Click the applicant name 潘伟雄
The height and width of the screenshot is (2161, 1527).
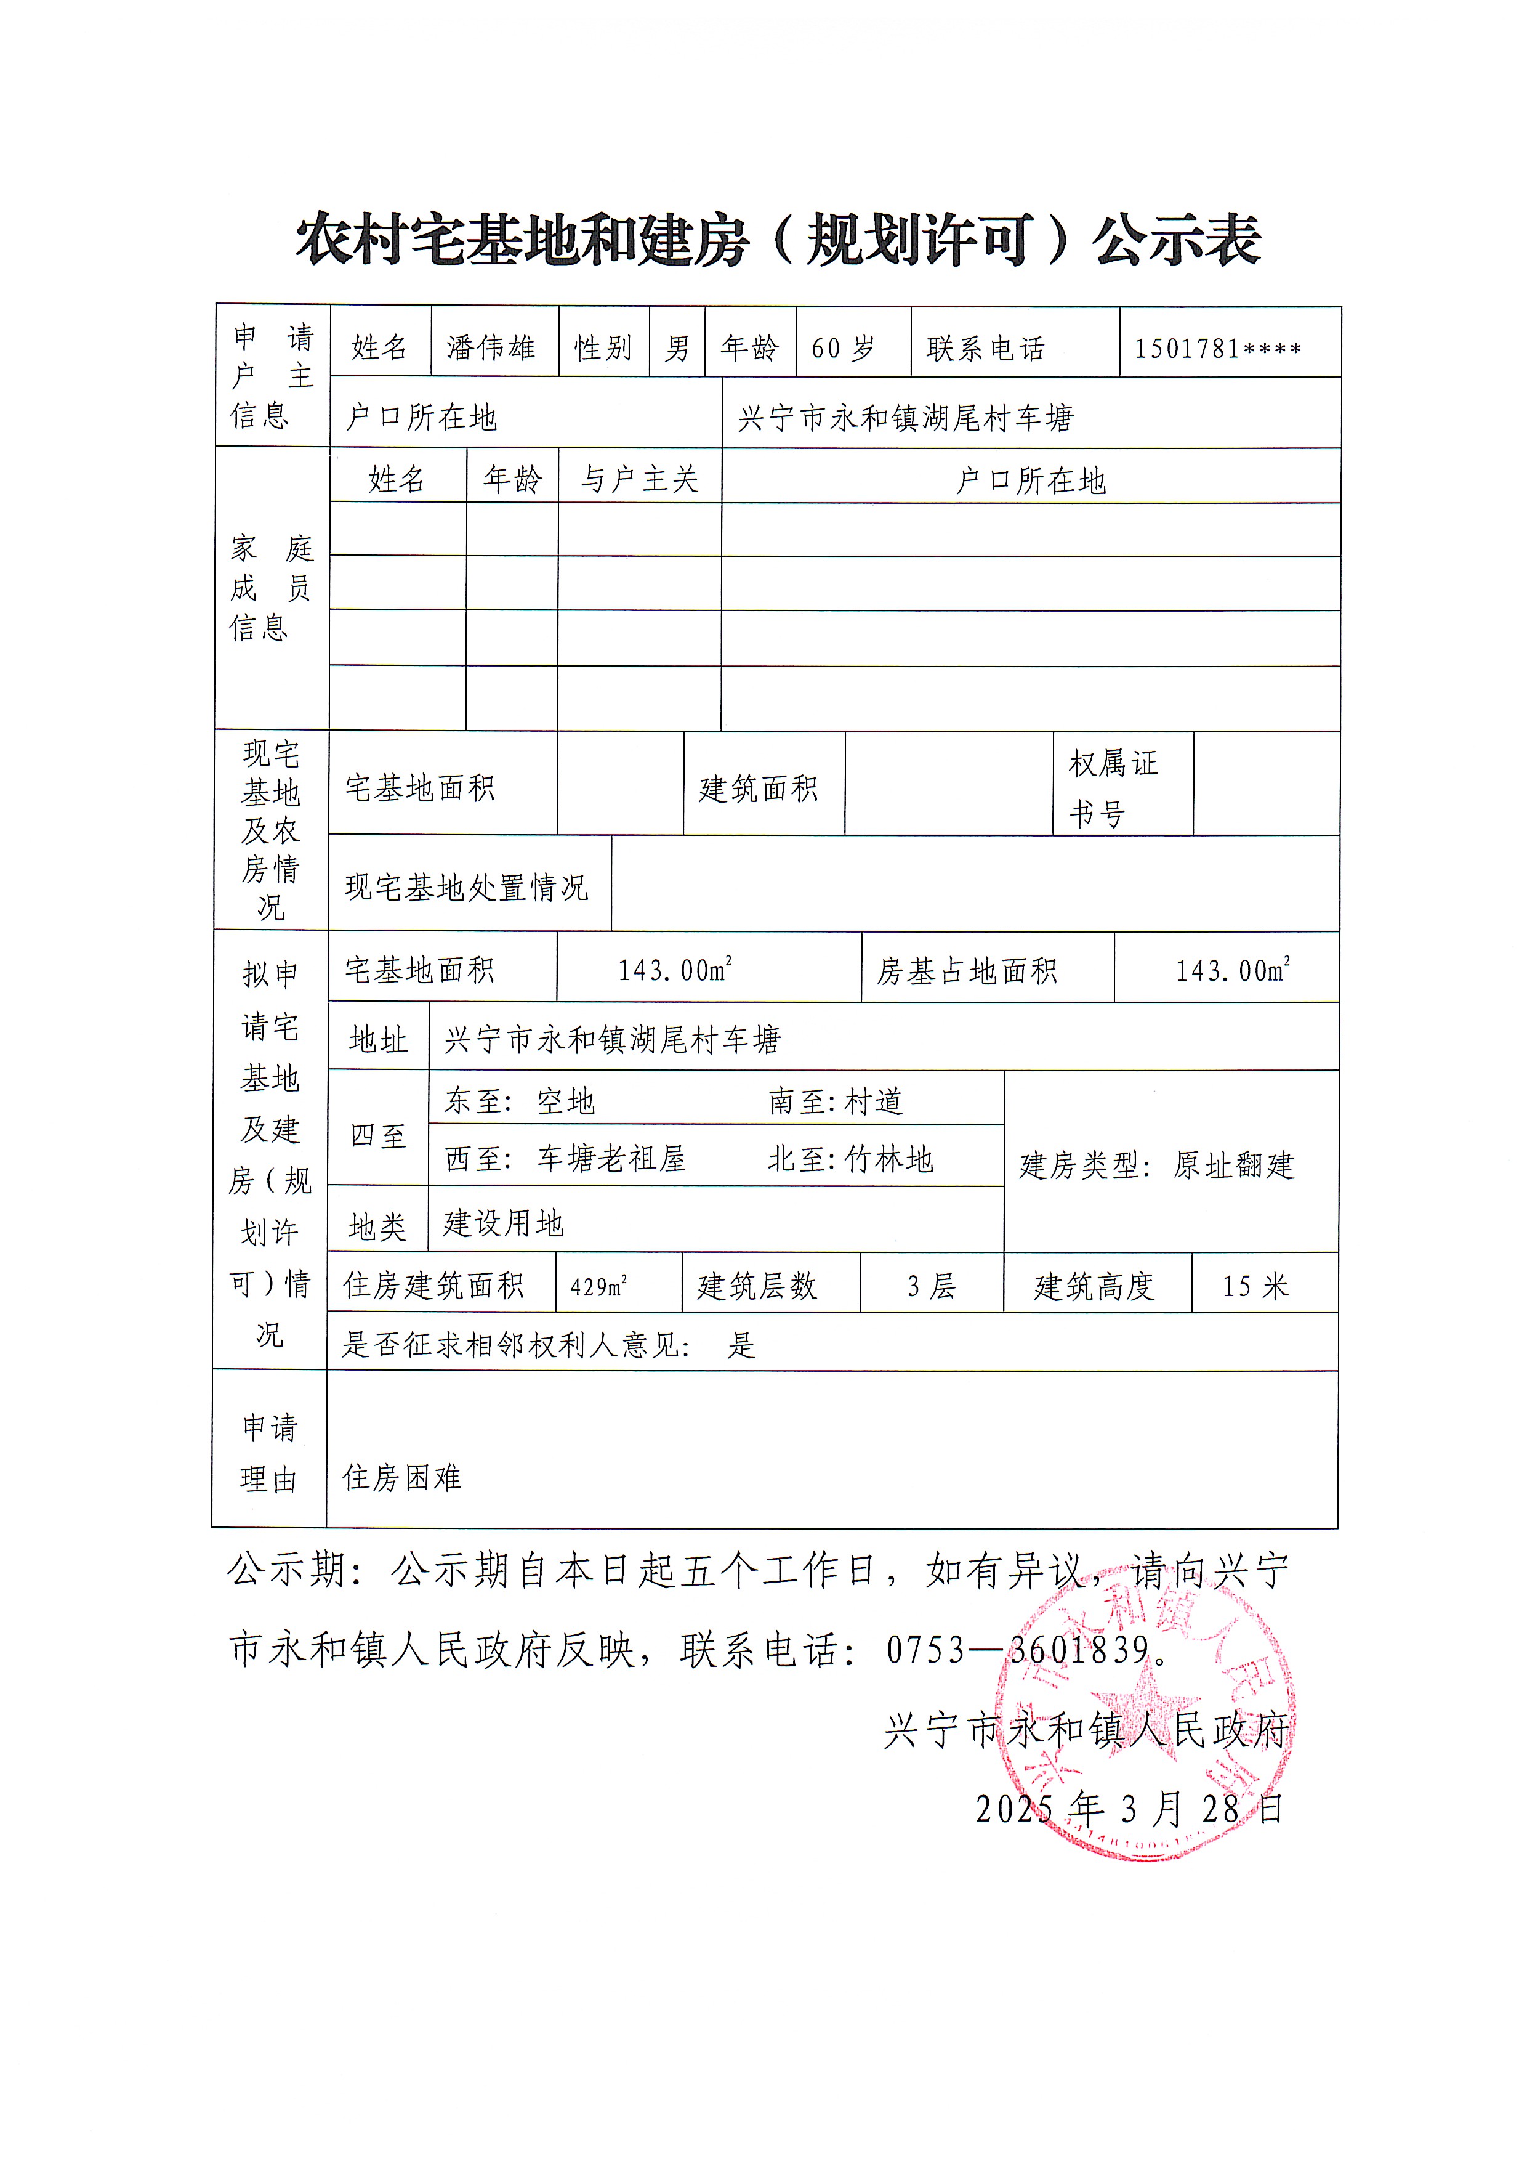point(490,347)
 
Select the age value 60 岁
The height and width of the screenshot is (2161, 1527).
point(843,348)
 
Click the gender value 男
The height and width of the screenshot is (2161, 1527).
point(677,348)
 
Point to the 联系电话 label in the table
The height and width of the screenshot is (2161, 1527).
point(985,348)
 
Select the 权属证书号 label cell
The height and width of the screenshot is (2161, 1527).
point(1114,787)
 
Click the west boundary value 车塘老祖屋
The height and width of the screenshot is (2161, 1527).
point(611,1159)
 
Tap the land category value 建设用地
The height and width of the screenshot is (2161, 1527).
point(503,1223)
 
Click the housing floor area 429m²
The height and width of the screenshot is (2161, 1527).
point(598,1286)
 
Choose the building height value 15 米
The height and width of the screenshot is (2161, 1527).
point(1254,1286)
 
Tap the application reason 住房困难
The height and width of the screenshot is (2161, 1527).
point(401,1477)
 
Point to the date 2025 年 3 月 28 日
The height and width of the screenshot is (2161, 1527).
point(1129,1808)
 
